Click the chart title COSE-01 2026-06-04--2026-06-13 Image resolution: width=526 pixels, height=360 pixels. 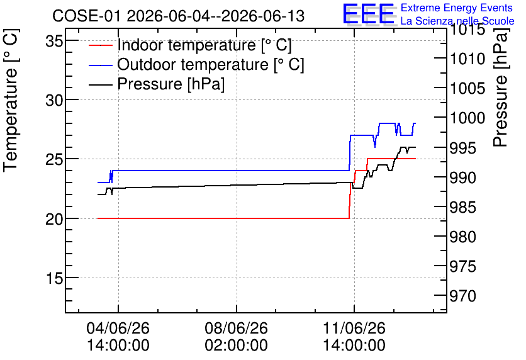pyautogui.click(x=178, y=16)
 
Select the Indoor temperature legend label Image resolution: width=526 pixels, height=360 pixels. pyautogui.click(x=204, y=45)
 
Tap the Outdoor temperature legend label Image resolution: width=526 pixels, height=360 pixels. pyautogui.click(x=211, y=64)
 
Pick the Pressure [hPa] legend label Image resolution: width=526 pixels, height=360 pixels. pyautogui.click(x=171, y=84)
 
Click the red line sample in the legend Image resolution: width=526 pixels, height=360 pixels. pyautogui.click(x=100, y=45)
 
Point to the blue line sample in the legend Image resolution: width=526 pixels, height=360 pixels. pyautogui.click(x=100, y=65)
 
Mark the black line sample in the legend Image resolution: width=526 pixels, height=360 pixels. pyautogui.click(x=100, y=84)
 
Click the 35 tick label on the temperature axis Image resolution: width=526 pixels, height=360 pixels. pyautogui.click(x=54, y=42)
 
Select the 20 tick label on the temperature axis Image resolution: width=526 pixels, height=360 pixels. pyautogui.click(x=54, y=220)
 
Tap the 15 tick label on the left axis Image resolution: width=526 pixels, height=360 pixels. pyautogui.click(x=54, y=279)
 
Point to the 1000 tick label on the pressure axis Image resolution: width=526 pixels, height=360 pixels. pyautogui.click(x=467, y=118)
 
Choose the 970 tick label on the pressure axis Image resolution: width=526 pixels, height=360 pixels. pyautogui.click(x=463, y=296)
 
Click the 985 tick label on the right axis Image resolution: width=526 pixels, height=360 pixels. pyautogui.click(x=463, y=207)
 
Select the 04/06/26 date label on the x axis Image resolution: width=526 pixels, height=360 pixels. pyautogui.click(x=118, y=328)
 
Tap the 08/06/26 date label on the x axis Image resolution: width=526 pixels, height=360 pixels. pyautogui.click(x=237, y=328)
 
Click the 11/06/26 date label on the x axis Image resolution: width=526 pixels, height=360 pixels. pyautogui.click(x=354, y=328)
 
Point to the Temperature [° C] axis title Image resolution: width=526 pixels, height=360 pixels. pyautogui.click(x=11, y=101)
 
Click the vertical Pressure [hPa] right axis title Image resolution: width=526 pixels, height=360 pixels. pyautogui.click(x=500, y=87)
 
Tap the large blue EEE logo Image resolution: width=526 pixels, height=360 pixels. pyautogui.click(x=369, y=14)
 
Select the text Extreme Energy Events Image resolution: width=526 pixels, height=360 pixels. pyautogui.click(x=457, y=8)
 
